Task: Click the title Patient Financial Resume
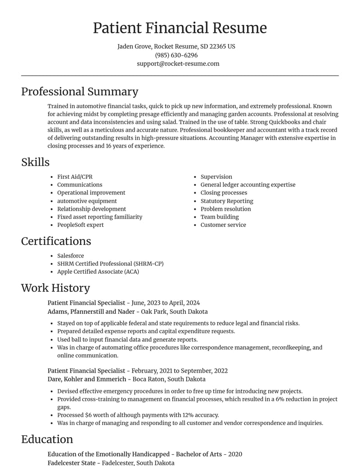pyautogui.click(x=180, y=28)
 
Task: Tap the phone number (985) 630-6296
pyautogui.click(x=176, y=55)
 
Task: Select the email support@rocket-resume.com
pyautogui.click(x=178, y=63)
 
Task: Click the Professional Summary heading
pyautogui.click(x=80, y=91)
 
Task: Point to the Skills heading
pyautogui.click(x=35, y=162)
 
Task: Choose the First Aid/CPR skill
pyautogui.click(x=75, y=177)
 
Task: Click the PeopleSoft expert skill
pyautogui.click(x=80, y=225)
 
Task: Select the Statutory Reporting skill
pyautogui.click(x=227, y=201)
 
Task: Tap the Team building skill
pyautogui.click(x=220, y=217)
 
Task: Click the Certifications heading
pyautogui.click(x=56, y=241)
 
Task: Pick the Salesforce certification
pyautogui.click(x=71, y=256)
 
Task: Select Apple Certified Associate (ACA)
pyautogui.click(x=98, y=271)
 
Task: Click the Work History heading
pyautogui.click(x=55, y=288)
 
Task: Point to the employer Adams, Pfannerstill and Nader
pyautogui.click(x=92, y=312)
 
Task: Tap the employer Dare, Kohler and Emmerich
pyautogui.click(x=87, y=379)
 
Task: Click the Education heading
pyautogui.click(x=47, y=439)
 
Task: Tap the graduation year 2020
pyautogui.click(x=235, y=454)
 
